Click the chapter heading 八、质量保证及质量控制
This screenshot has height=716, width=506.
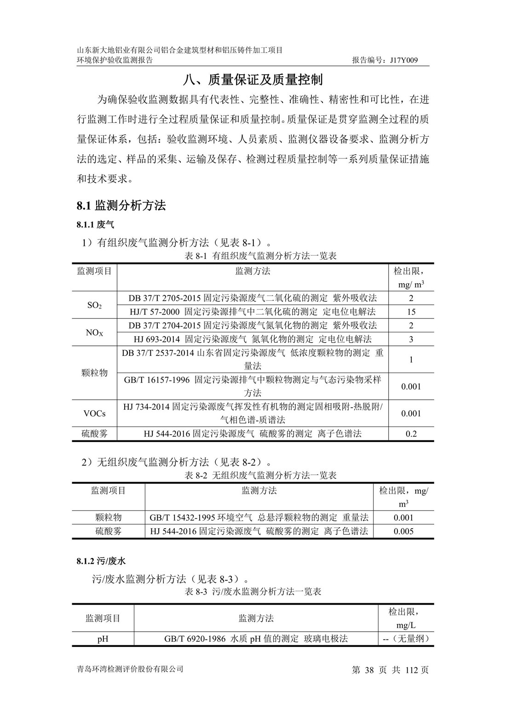(253, 80)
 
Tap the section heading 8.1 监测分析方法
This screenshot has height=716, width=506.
(121, 205)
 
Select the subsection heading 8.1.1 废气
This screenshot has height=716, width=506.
(95, 225)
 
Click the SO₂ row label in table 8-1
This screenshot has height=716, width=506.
(94, 305)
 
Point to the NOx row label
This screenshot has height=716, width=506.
(94, 332)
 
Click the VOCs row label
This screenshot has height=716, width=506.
(94, 413)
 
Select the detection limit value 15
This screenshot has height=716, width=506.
(411, 312)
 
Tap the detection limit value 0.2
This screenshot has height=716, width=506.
(411, 434)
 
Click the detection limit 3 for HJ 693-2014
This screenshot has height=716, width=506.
(411, 339)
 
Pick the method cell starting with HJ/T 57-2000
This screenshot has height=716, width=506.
(253, 312)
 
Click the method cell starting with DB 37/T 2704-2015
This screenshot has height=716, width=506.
(253, 326)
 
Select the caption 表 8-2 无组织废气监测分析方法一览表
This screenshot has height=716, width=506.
(260, 475)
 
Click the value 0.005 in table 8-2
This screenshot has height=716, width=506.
(403, 531)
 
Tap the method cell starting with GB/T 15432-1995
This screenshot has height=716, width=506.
(259, 518)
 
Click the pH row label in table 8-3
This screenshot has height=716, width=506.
(103, 639)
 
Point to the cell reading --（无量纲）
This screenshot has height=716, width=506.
(406, 639)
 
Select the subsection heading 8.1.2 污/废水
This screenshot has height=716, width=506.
(101, 561)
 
